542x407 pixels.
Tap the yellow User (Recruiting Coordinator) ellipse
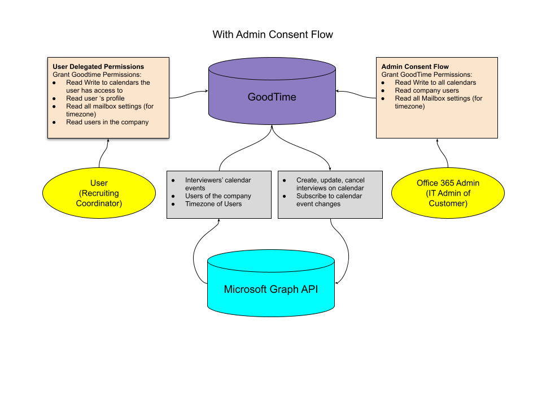click(x=99, y=193)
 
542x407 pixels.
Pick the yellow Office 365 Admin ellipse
click(x=448, y=193)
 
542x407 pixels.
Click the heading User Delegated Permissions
click(x=98, y=67)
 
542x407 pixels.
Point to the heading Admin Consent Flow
click(x=415, y=67)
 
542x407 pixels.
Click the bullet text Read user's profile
click(x=95, y=98)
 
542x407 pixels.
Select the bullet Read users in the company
click(x=107, y=122)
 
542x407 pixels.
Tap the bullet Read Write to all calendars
click(x=435, y=83)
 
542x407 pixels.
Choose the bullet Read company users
click(x=427, y=90)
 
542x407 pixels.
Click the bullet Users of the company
click(x=218, y=196)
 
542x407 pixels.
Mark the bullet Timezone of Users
click(x=213, y=204)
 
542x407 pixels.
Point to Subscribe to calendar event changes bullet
click(x=329, y=200)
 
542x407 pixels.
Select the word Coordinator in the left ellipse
click(x=99, y=203)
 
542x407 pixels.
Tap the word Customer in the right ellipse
click(x=448, y=203)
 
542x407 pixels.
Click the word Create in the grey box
click(x=307, y=180)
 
